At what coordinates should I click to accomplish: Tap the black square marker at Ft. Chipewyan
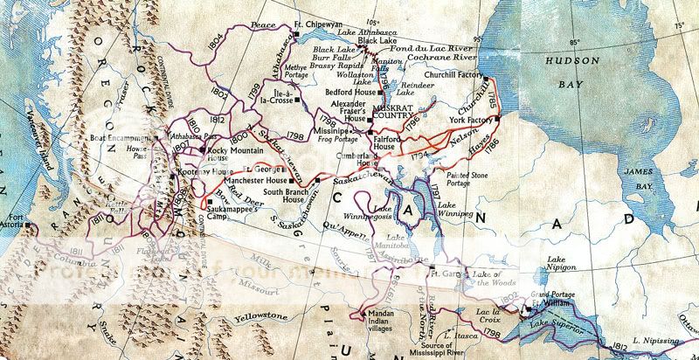[x=296, y=35]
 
